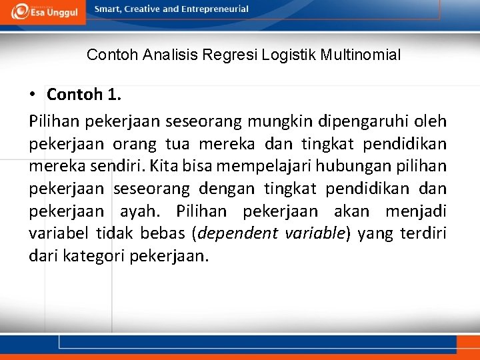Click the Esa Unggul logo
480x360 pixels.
tap(45, 11)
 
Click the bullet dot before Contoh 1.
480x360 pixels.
tap(33, 95)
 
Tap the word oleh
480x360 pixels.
tap(431, 121)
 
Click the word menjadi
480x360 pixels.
tap(416, 211)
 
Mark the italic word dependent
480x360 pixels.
tap(237, 234)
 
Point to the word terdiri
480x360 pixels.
tap(425, 234)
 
